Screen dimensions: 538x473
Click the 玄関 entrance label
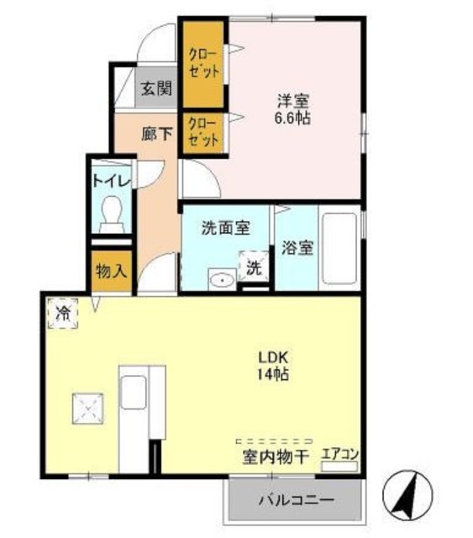pyautogui.click(x=156, y=87)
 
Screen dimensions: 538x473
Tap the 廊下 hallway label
pyautogui.click(x=156, y=132)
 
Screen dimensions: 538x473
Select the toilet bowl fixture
pyautogui.click(x=111, y=214)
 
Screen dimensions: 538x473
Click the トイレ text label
pyautogui.click(x=111, y=180)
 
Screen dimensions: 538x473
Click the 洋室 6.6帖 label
pyautogui.click(x=294, y=109)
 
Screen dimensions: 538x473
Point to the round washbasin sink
pyautogui.click(x=222, y=280)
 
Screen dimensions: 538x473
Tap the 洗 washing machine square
pyautogui.click(x=253, y=269)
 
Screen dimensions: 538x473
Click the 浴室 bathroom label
pyautogui.click(x=297, y=249)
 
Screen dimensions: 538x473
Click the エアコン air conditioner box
pyautogui.click(x=340, y=456)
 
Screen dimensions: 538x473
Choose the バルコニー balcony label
pyautogui.click(x=295, y=501)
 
